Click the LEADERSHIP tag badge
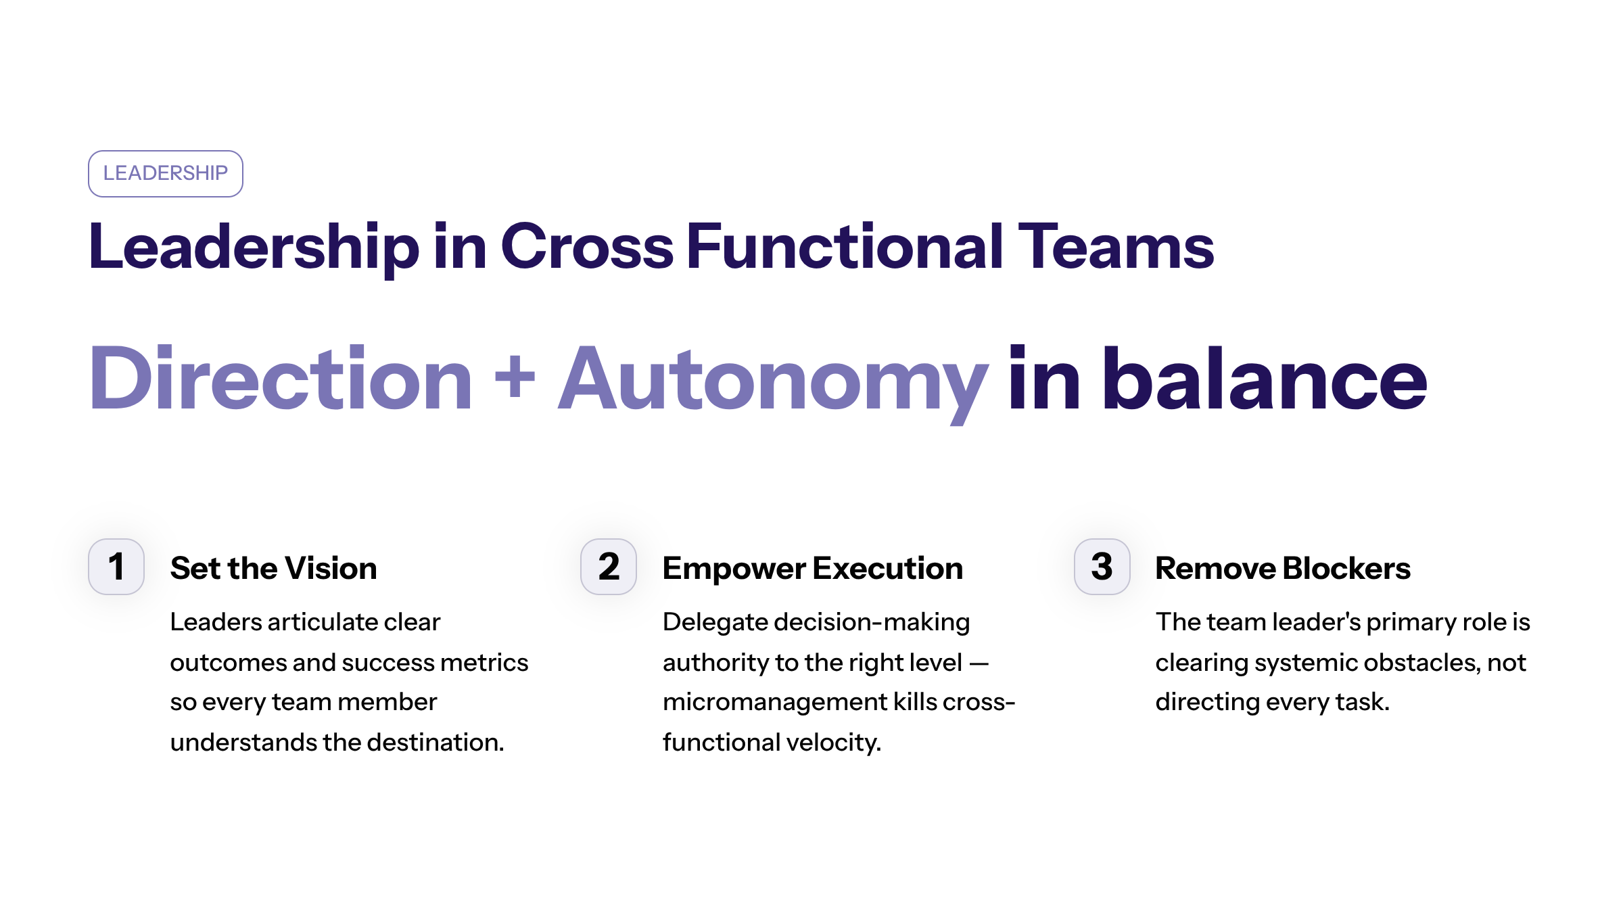[165, 173]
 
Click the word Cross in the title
[586, 247]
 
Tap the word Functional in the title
[845, 247]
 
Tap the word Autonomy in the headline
[773, 380]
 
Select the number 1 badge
[116, 567]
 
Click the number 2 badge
[609, 567]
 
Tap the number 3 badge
[1102, 567]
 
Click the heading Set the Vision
[273, 568]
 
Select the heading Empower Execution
[812, 568]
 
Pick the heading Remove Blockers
[1282, 568]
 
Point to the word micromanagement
[774, 703]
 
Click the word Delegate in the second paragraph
[715, 622]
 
